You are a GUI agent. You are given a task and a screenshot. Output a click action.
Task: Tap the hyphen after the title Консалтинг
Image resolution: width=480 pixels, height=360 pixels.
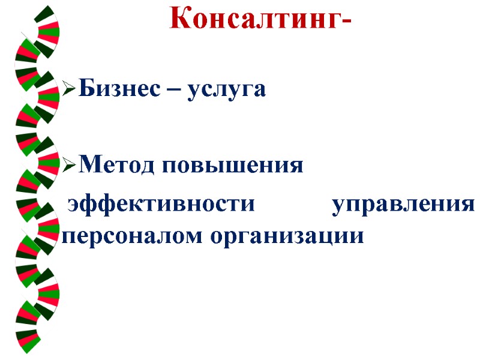tap(345, 23)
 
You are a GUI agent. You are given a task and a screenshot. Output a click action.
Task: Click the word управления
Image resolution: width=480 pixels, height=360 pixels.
tap(403, 205)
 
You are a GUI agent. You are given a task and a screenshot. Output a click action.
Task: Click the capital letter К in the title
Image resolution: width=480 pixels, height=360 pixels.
tap(180, 19)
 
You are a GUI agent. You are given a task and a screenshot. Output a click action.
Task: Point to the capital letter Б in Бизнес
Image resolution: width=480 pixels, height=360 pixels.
tap(85, 90)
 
